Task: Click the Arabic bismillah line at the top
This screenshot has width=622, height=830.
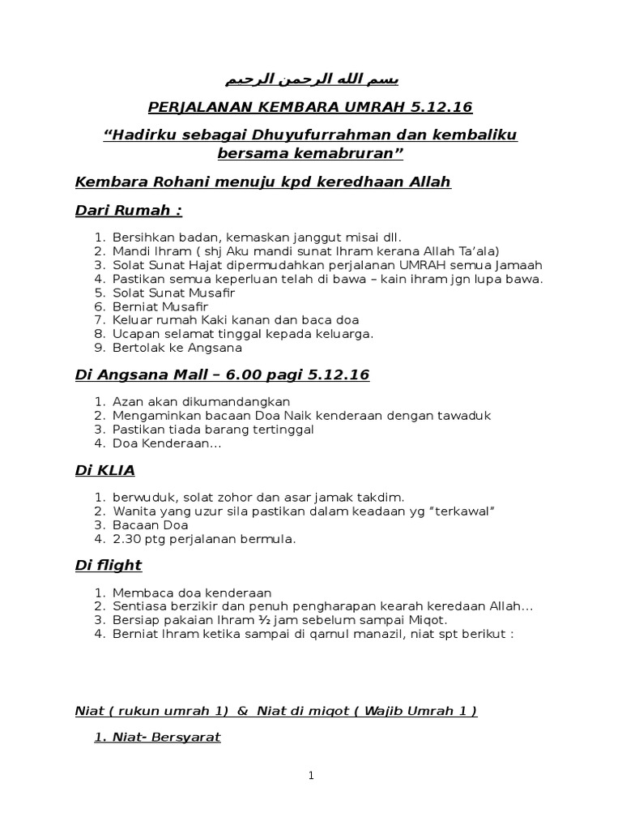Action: [x=311, y=80]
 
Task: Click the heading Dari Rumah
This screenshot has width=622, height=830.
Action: [x=128, y=211]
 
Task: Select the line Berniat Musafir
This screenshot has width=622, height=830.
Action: [x=160, y=306]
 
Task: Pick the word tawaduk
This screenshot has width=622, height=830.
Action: [x=462, y=415]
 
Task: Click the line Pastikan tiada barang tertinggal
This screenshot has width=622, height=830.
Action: [x=213, y=429]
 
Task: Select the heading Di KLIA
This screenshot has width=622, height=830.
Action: [x=104, y=469]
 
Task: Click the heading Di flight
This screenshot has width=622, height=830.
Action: [x=108, y=565]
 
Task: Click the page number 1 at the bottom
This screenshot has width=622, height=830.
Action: [x=311, y=776]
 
